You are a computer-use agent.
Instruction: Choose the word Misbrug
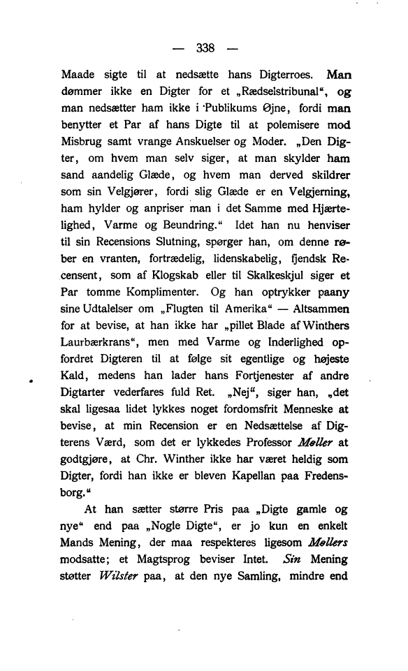(x=82, y=146)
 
